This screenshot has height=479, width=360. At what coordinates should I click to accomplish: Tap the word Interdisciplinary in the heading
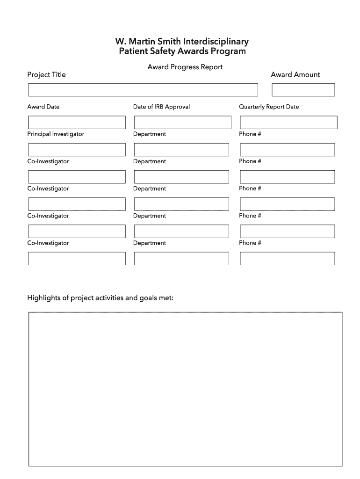tap(216, 42)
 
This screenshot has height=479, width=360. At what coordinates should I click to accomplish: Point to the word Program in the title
tap(229, 51)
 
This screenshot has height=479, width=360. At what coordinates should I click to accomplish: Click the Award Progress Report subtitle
tap(185, 67)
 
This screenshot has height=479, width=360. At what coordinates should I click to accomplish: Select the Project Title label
tap(46, 75)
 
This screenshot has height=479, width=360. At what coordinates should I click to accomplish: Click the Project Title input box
tap(143, 90)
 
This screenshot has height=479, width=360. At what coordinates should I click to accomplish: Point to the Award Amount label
tap(295, 75)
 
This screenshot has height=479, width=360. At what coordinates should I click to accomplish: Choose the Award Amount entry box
tap(303, 90)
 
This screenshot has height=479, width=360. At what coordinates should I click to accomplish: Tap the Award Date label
tap(43, 107)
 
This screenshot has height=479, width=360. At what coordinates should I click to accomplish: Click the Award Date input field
tap(77, 123)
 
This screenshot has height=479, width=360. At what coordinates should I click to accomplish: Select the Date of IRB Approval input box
tap(182, 123)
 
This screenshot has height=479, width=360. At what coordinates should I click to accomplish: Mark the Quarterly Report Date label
tap(269, 107)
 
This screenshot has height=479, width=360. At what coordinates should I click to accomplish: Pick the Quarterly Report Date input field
tap(288, 123)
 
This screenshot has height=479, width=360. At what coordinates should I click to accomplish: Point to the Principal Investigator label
tap(56, 134)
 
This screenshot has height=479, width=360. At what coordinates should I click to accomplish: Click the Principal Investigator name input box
tap(77, 150)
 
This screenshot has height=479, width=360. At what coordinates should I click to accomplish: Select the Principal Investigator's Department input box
tap(181, 150)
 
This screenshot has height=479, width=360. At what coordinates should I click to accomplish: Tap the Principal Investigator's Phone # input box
tap(288, 150)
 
